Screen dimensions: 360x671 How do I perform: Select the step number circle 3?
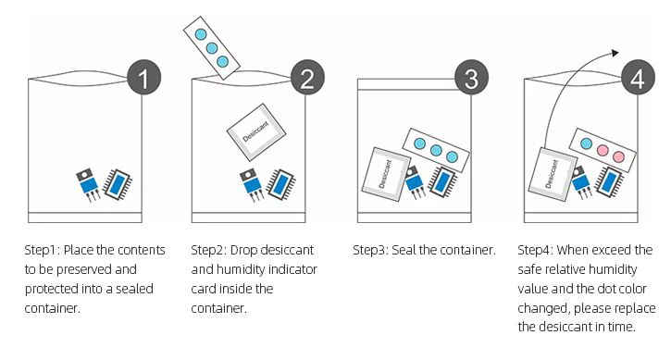click(471, 79)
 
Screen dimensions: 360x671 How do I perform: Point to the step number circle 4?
click(636, 79)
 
